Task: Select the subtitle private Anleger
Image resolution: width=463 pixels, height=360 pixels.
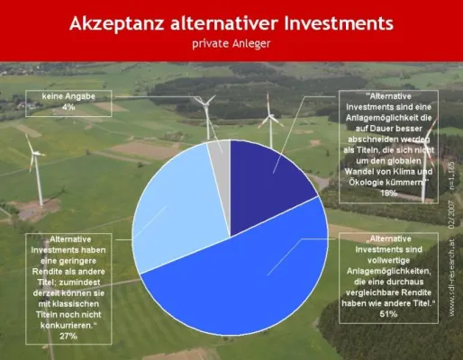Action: click(x=231, y=41)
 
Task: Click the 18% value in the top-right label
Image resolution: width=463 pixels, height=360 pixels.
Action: click(x=390, y=193)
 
